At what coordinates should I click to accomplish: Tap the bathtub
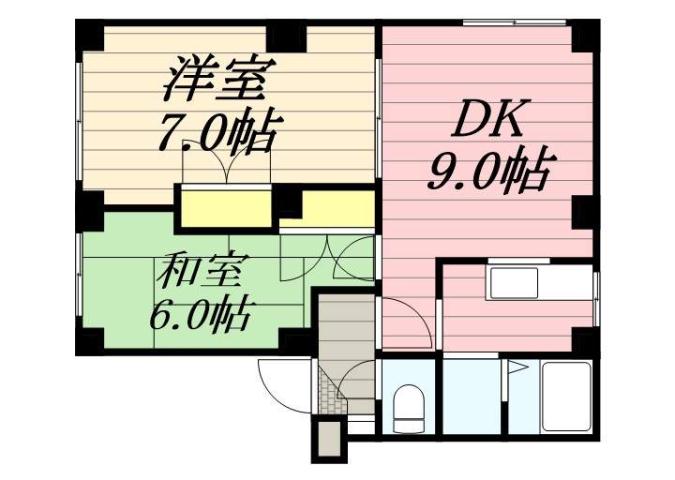click(x=567, y=398)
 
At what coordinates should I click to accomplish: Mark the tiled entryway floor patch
click(x=329, y=391)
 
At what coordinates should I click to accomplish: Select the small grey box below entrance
click(x=327, y=439)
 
